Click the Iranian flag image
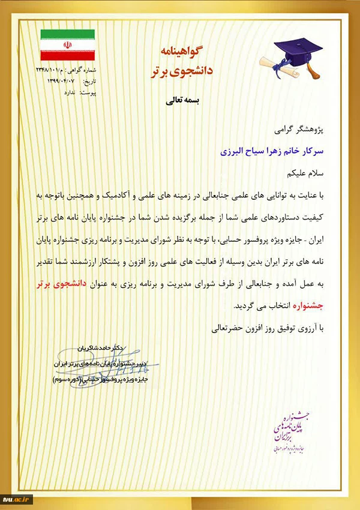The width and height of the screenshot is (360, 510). pos(67,43)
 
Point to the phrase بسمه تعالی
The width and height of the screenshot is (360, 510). pos(182,101)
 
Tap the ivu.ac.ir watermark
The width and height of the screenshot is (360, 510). pos(19,499)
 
